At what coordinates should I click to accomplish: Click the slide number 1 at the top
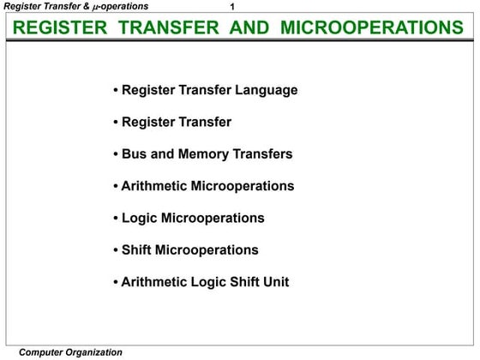233,7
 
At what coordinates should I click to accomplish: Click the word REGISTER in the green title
61,28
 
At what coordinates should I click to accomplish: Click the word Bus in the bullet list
135,154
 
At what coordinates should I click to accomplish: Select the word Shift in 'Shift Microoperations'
138,250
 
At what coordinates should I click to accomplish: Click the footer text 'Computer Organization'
70,352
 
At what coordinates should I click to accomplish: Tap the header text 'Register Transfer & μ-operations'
75,7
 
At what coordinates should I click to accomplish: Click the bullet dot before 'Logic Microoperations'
115,219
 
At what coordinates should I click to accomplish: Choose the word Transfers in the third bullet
262,154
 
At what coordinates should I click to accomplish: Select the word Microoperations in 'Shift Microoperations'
209,250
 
